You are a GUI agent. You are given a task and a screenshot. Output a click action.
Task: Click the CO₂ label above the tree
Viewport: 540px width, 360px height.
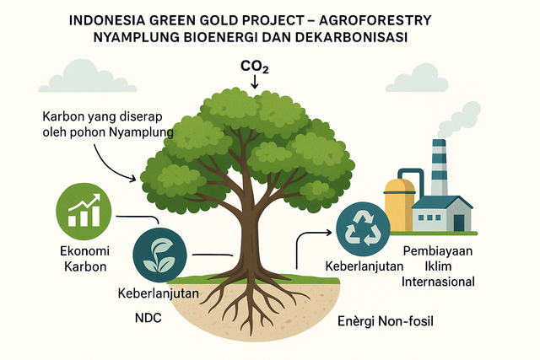coord(255,67)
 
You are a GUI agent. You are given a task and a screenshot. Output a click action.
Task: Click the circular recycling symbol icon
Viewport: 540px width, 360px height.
coord(364,228)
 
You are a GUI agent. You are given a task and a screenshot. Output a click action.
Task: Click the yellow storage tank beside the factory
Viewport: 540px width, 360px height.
coord(398,203)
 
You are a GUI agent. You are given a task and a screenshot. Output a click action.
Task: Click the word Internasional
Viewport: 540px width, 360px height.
coord(439,282)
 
